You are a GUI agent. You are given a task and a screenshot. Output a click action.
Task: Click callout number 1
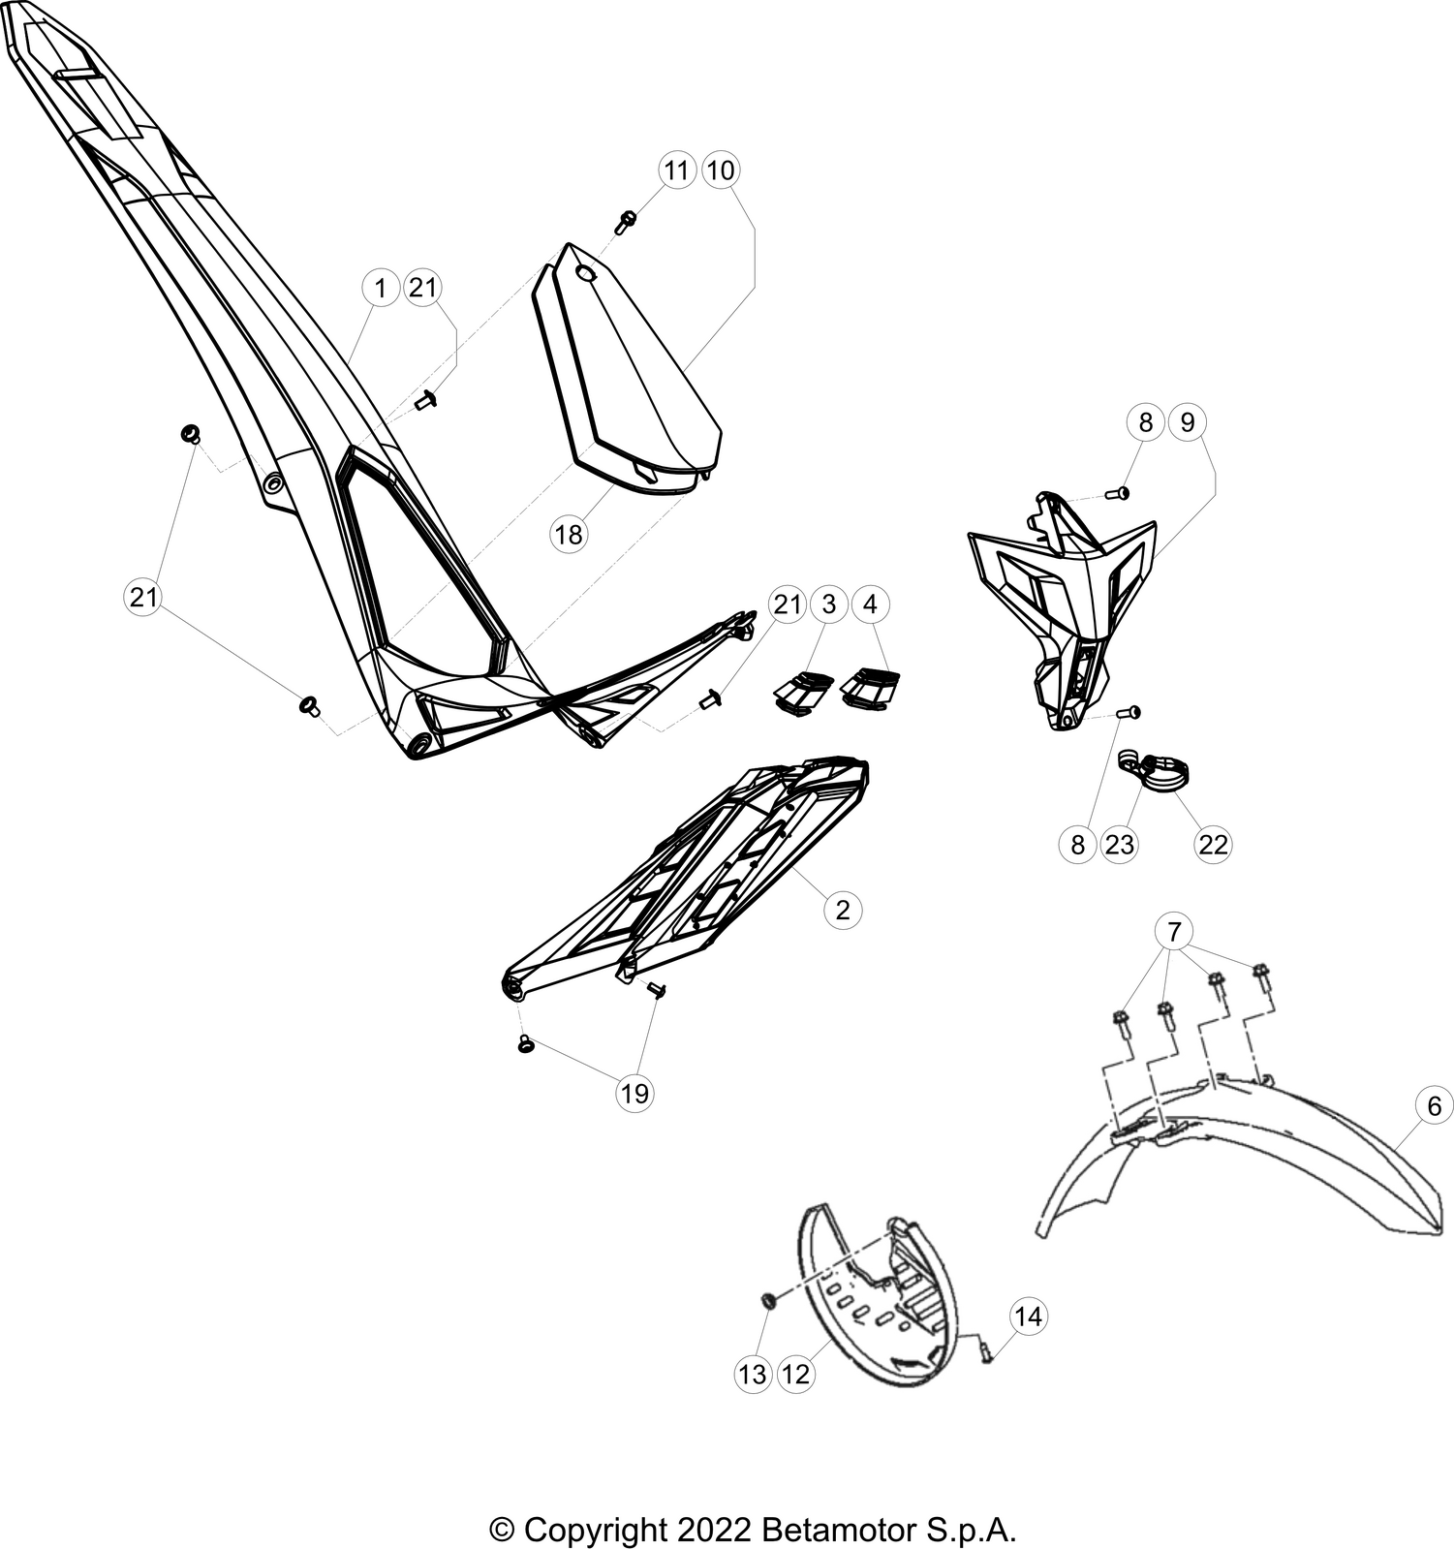tap(381, 288)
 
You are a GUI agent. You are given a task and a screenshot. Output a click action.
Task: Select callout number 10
tap(720, 170)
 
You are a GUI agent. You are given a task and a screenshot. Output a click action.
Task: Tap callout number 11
tap(677, 170)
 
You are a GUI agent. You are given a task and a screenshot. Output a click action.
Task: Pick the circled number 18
tap(570, 534)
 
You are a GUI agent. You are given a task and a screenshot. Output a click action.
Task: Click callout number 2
tap(843, 910)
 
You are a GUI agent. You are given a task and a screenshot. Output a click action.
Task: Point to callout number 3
tap(828, 604)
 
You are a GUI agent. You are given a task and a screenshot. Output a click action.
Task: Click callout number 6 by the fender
tap(1435, 1106)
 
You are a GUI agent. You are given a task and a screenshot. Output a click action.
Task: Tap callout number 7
tap(1175, 933)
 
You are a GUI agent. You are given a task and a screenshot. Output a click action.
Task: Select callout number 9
tap(1189, 422)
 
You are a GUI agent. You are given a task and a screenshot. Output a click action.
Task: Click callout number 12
tap(795, 1374)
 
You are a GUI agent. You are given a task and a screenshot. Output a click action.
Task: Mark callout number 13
tap(753, 1374)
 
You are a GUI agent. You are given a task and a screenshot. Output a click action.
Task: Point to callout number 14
tap(1029, 1317)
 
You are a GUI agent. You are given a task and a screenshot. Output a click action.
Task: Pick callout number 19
tap(634, 1094)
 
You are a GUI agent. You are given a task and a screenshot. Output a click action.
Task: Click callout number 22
tap(1213, 845)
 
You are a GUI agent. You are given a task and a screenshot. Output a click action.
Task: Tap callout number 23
tap(1120, 845)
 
